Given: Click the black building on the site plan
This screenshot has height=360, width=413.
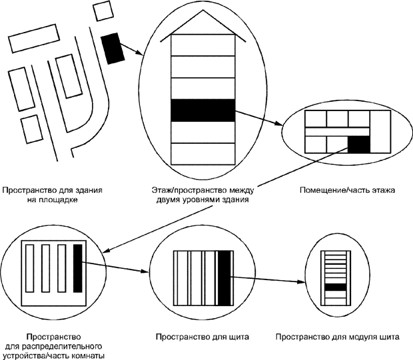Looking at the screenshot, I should [112, 48].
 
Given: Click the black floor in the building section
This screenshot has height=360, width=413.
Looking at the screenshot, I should [203, 110].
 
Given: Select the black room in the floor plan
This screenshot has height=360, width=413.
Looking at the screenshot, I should [358, 144].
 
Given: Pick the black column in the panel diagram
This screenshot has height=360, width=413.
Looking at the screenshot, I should [224, 272].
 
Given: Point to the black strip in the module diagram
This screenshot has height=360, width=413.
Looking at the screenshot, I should [336, 286].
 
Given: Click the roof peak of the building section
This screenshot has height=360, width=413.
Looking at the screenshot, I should [203, 14].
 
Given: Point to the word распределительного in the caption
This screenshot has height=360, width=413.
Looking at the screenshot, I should [69, 347].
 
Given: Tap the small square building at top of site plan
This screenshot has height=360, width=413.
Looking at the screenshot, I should [103, 11].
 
